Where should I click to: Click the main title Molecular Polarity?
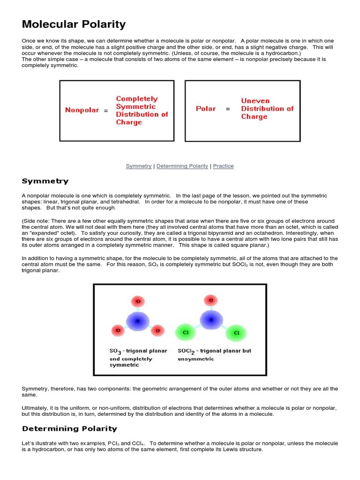pyautogui.click(x=74, y=24)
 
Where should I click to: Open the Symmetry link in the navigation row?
pyautogui.click(x=139, y=166)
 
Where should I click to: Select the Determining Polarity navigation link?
pyautogui.click(x=182, y=166)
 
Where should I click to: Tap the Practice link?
pyautogui.click(x=223, y=166)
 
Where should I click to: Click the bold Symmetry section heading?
pyautogui.click(x=45, y=181)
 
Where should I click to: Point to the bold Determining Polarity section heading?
pyautogui.click(x=69, y=428)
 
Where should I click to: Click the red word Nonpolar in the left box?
pyautogui.click(x=82, y=110)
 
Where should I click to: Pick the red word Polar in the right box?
pyautogui.click(x=206, y=109)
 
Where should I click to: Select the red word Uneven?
pyautogui.click(x=255, y=101)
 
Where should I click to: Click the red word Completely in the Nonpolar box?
pyautogui.click(x=137, y=99)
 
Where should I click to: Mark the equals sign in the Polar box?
pyautogui.click(x=228, y=109)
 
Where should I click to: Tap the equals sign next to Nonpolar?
pyautogui.click(x=106, y=110)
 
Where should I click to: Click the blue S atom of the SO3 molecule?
pyautogui.click(x=138, y=321)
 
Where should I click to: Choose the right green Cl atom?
pyautogui.click(x=236, y=333)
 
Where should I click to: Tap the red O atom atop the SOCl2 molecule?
pyautogui.click(x=211, y=300)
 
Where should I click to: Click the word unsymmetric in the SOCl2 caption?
pyautogui.click(x=195, y=359)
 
